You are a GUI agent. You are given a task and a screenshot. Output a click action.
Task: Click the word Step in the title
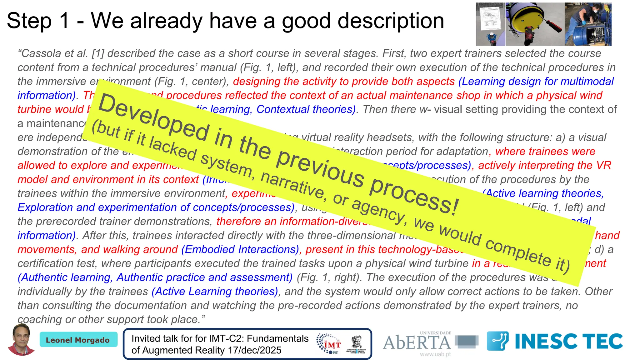(29, 21)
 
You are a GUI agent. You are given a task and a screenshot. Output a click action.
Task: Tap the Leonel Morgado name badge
(78, 340)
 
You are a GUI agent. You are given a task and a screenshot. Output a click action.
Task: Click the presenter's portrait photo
(21, 340)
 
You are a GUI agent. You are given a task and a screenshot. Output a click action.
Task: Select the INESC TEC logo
(555, 341)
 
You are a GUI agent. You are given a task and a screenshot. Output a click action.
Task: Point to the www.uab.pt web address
(435, 354)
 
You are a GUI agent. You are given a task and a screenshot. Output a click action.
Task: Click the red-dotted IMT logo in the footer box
(329, 343)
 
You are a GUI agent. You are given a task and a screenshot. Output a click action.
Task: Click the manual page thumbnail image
(490, 24)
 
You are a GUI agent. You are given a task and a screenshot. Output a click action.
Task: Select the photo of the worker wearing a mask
(588, 24)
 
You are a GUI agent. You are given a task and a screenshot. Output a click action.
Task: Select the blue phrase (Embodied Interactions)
(240, 249)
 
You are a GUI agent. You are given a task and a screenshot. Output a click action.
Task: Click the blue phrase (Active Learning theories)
(215, 292)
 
